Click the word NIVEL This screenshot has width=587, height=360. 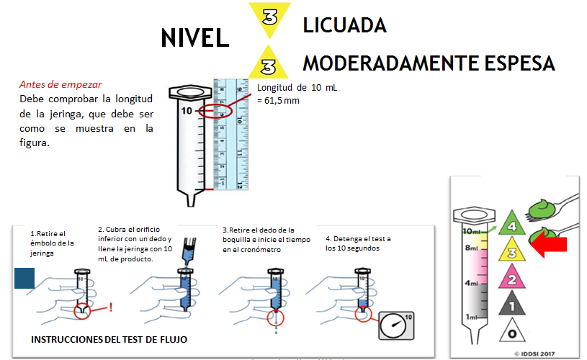pos(194,37)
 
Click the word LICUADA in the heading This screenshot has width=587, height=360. pos(344,25)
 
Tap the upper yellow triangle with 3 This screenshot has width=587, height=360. pos(270,19)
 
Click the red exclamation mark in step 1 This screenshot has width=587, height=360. pos(110,307)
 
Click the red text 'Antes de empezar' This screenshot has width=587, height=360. pos(61,84)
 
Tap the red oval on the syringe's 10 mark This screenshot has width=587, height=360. pos(214,112)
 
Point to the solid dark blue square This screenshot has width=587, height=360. pos(25,279)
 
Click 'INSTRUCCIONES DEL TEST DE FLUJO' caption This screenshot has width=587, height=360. pos(109,339)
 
